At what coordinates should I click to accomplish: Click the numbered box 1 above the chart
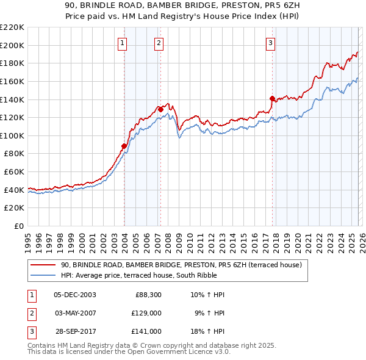[x=123, y=43]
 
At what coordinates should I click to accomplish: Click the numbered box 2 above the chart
[x=159, y=43]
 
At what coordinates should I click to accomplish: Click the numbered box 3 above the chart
[x=270, y=43]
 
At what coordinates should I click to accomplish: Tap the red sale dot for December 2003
[x=124, y=146]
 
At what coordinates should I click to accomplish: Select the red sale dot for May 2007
[x=160, y=109]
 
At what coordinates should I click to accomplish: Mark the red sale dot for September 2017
[x=272, y=98]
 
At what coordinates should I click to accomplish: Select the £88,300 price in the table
[x=148, y=295]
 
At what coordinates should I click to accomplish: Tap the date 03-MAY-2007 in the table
[x=75, y=313]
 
